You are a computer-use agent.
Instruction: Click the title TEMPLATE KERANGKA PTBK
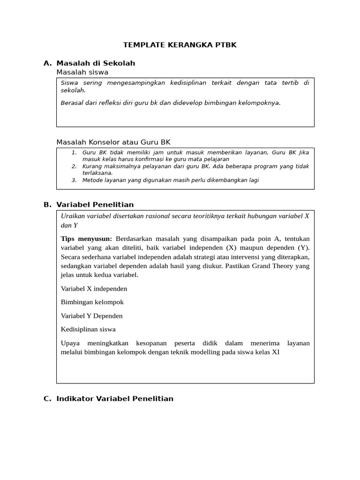coord(180,45)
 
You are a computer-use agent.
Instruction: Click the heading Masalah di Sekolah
coord(96,63)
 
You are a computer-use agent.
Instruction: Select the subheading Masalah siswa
coord(82,72)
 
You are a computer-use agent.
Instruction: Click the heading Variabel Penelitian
coord(95,204)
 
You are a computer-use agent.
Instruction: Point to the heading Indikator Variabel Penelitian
coord(115,398)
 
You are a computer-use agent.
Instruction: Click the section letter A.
coord(46,63)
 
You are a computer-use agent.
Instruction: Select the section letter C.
coord(46,398)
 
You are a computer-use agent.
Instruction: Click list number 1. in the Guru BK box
coord(74,152)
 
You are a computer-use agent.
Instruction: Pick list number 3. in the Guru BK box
coord(74,180)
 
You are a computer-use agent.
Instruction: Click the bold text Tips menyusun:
coord(86,239)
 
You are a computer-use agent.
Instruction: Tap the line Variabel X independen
coord(94,288)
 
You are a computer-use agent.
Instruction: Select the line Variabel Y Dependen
coord(91,316)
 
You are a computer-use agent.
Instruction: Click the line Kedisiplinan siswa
coord(88,329)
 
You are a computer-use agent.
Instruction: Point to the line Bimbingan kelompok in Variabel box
coord(92,302)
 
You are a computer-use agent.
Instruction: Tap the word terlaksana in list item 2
coord(97,173)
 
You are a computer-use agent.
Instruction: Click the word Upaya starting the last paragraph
coord(70,343)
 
